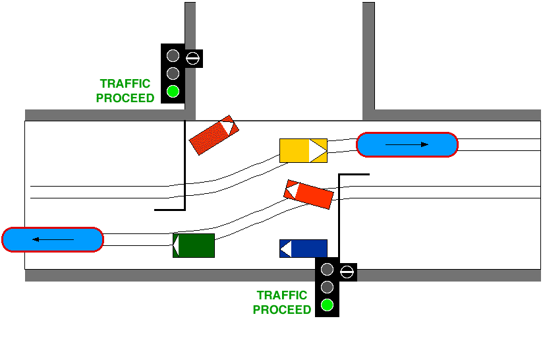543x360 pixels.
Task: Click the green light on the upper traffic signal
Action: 173,91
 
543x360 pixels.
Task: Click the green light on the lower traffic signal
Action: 327,305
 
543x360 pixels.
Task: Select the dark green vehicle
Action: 194,245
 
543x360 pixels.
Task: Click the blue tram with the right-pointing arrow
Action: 407,144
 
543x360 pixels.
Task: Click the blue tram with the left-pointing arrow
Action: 53,239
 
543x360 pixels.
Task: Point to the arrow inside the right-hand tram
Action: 407,144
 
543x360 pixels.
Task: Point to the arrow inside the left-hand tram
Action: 53,239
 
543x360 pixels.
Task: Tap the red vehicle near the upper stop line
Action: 213,135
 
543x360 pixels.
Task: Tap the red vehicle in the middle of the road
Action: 308,194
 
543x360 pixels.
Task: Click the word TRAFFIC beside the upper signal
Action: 125,84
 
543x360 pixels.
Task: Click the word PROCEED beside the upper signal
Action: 125,98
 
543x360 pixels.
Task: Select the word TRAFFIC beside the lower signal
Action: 282,295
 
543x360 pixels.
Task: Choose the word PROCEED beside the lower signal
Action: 282,310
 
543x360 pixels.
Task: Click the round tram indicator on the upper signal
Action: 192,58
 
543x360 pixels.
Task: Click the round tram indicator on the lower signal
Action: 347,270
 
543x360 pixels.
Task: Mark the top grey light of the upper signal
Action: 173,55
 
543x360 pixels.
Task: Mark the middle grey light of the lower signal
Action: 327,287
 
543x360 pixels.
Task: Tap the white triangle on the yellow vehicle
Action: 318,150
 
